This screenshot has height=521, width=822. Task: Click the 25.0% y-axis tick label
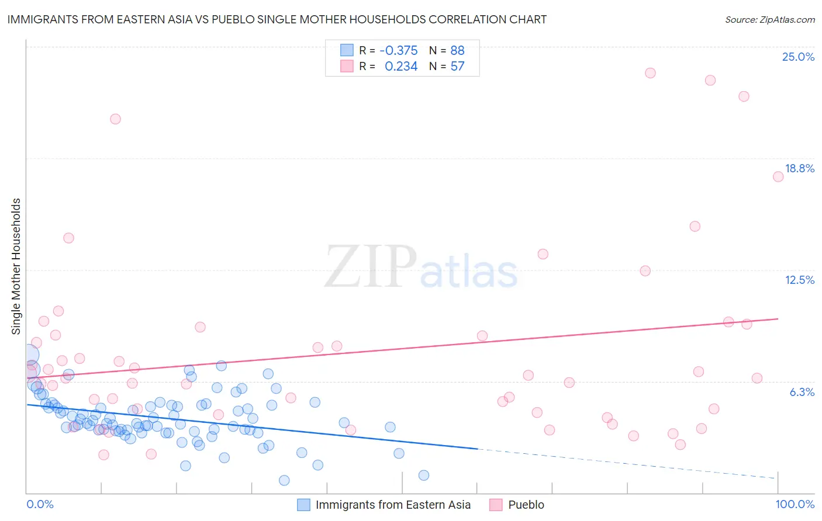tap(798, 57)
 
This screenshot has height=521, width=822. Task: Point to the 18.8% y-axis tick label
tap(799, 169)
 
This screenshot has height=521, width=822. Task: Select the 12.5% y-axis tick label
tap(799, 280)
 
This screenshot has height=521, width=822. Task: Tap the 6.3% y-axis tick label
tap(802, 393)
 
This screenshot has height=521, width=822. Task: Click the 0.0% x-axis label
tap(40, 505)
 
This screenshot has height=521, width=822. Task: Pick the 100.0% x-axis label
tap(795, 505)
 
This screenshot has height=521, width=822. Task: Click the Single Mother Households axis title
tap(16, 266)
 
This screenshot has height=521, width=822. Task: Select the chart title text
tap(277, 19)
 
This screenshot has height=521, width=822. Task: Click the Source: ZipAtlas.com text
tap(769, 20)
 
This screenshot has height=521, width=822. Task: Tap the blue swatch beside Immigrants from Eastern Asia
tap(303, 505)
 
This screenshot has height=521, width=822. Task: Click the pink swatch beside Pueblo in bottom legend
tap(496, 505)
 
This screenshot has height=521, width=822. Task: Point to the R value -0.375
tap(398, 51)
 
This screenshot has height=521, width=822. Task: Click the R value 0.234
tap(401, 67)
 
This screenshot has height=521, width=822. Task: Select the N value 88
tap(457, 51)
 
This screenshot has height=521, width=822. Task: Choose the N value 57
tap(457, 67)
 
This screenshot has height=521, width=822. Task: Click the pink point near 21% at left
tap(115, 119)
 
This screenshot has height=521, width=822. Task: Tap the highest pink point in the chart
tap(650, 73)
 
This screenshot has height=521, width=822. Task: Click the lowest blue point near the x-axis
tap(284, 480)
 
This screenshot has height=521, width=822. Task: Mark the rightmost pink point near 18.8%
tap(778, 177)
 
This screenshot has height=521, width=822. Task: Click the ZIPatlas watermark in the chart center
tap(421, 268)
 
